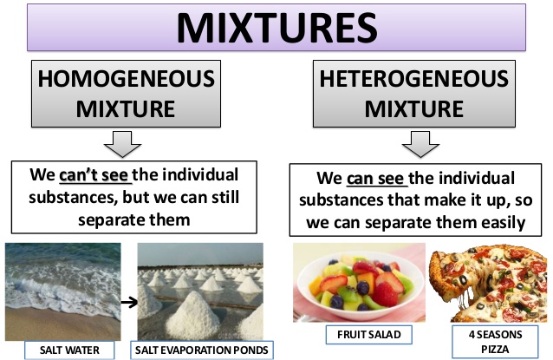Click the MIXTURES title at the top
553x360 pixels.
[x=276, y=28]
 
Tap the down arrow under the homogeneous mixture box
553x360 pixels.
[x=127, y=141]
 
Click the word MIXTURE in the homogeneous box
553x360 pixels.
[x=127, y=110]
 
